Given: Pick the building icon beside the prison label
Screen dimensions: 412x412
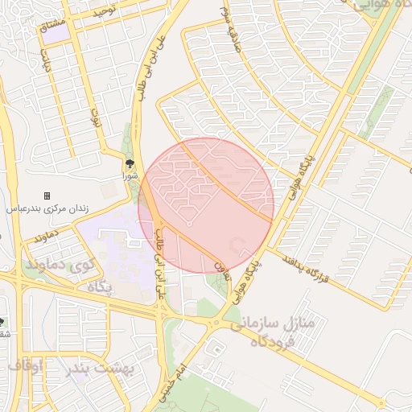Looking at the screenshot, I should click(x=47, y=196).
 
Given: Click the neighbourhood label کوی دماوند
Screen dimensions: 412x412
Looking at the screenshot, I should click(x=60, y=263).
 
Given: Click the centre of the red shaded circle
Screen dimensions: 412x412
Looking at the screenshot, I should click(x=206, y=205).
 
